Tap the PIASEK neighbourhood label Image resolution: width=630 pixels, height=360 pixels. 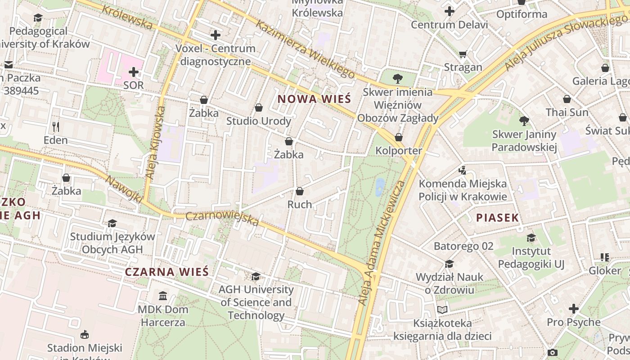[497, 218]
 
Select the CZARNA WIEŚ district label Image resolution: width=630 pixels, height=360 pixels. [166, 272]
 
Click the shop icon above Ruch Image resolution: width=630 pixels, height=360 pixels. [299, 191]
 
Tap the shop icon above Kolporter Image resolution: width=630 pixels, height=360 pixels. [399, 137]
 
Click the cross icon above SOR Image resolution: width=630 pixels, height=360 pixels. [134, 72]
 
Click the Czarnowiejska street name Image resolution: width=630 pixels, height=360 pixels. [222, 219]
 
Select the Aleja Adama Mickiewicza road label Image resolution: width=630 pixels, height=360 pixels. [382, 243]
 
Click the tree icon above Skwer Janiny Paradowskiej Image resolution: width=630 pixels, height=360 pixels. [524, 121]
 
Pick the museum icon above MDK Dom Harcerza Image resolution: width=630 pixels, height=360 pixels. [162, 296]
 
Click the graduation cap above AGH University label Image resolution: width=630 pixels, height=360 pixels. [256, 276]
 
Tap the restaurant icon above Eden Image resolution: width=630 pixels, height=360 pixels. [56, 127]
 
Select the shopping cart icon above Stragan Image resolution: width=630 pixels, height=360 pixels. [463, 54]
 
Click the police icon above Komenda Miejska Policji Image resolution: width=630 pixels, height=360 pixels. [462, 170]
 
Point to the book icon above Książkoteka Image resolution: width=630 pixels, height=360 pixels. [442, 310]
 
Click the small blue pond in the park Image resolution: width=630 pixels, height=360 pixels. [380, 187]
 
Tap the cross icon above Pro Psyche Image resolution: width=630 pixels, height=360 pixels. [573, 309]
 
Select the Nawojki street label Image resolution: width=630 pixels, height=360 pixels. [124, 189]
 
